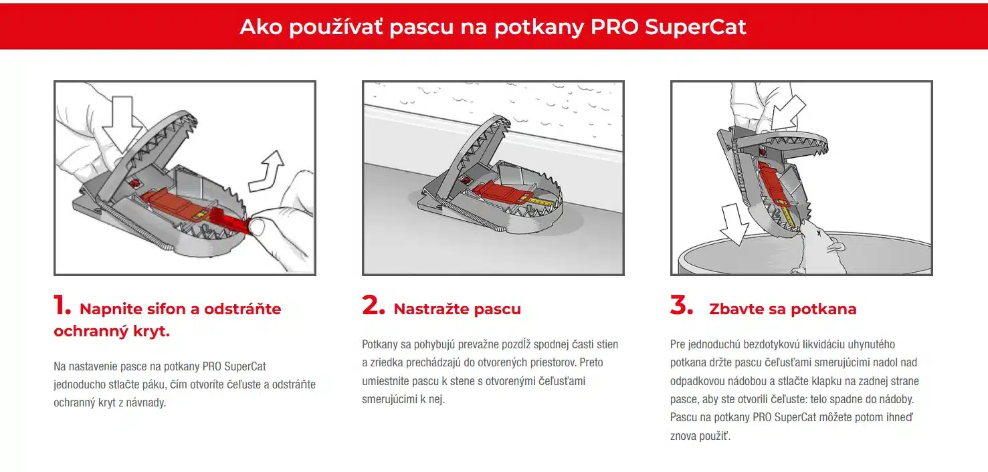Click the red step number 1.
62,306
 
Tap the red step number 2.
373,306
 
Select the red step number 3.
682,306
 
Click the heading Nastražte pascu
457,309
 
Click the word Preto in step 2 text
589,362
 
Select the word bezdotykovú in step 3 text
767,344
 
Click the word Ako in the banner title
257,27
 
